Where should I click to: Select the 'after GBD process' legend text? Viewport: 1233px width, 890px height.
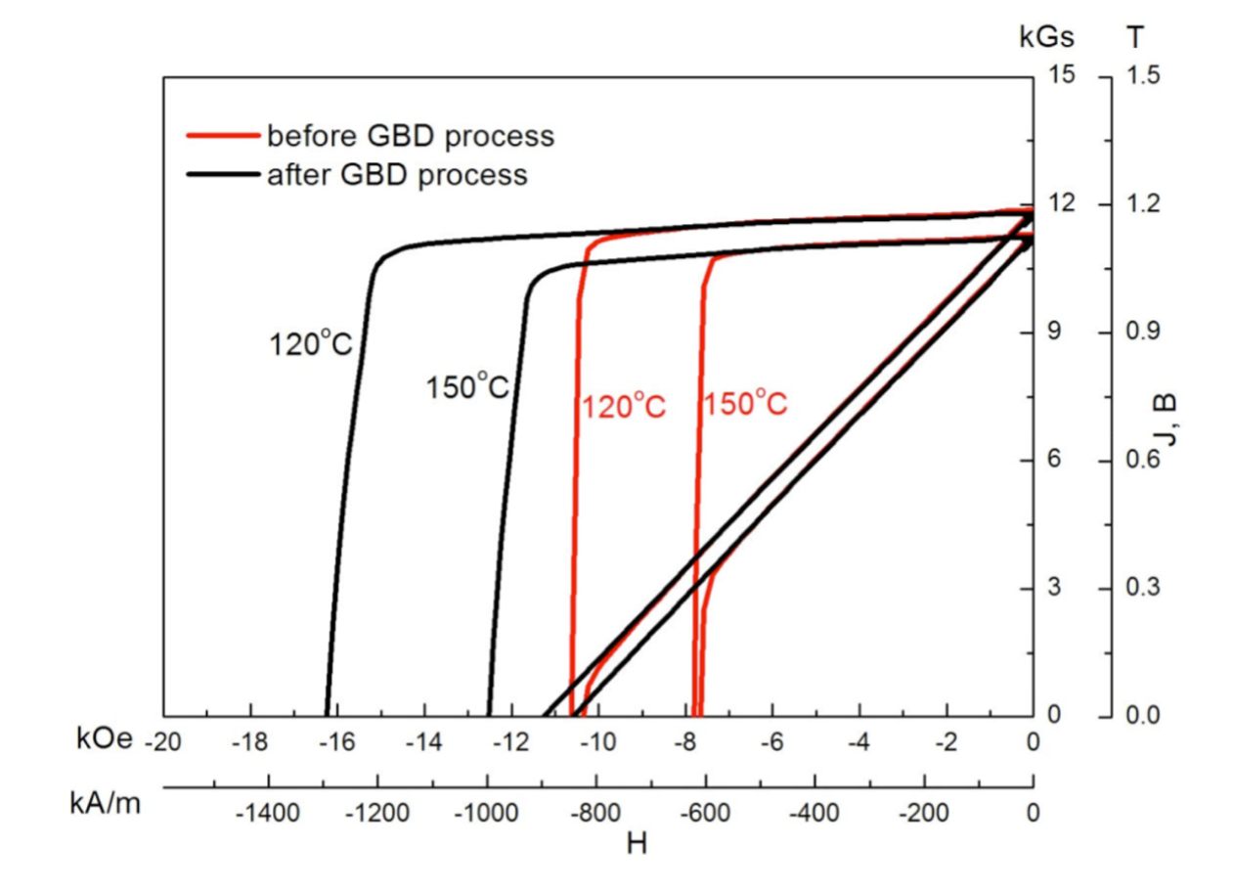coord(396,175)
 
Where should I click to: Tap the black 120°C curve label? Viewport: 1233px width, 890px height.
coord(310,344)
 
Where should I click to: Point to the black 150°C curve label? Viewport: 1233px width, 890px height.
coord(467,386)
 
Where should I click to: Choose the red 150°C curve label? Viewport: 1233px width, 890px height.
coord(745,403)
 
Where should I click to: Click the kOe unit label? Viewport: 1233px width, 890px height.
coord(104,740)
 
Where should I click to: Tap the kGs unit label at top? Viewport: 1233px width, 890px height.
coord(1046,38)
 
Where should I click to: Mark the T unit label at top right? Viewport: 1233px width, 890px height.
coord(1134,38)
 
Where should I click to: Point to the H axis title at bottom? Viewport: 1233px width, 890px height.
coord(637,842)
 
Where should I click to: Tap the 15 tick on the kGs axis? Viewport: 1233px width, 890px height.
coord(1063,75)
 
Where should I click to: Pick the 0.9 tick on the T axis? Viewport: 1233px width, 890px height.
coord(1142,333)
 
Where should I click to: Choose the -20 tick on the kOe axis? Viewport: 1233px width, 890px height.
coord(162,743)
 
